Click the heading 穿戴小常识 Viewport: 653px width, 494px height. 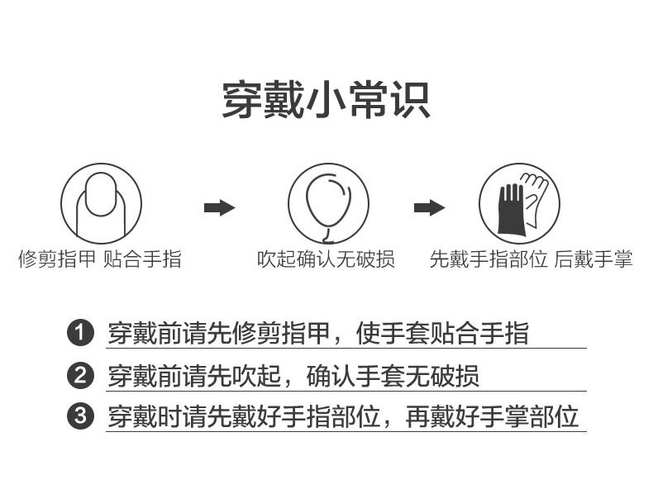pyautogui.click(x=326, y=100)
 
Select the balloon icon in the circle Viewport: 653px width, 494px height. pyautogui.click(x=326, y=198)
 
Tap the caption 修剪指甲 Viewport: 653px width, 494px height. pyautogui.click(x=57, y=259)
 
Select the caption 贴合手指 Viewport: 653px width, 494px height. pyautogui.click(x=142, y=259)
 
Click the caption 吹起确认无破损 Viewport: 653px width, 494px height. pyautogui.click(x=326, y=259)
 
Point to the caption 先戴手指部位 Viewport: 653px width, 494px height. pyautogui.click(x=489, y=259)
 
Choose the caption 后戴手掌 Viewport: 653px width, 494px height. pyautogui.click(x=593, y=259)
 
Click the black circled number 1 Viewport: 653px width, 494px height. pyautogui.click(x=79, y=334)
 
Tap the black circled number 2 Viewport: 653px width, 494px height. pyautogui.click(x=79, y=376)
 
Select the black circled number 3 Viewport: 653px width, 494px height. pyautogui.click(x=79, y=416)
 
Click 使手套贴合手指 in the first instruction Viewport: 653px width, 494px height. pyautogui.click(x=442, y=334)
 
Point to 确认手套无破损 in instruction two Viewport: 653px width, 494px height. pyautogui.click(x=393, y=376)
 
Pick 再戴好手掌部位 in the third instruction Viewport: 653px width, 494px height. pyautogui.click(x=491, y=416)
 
